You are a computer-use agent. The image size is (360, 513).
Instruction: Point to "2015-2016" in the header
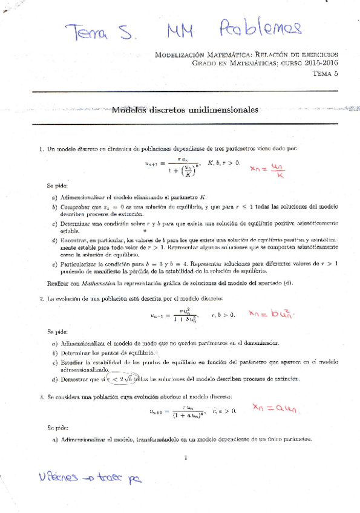(319, 63)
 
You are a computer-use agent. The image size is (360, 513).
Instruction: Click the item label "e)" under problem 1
(54, 264)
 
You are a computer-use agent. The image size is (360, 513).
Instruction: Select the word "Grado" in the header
(204, 63)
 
